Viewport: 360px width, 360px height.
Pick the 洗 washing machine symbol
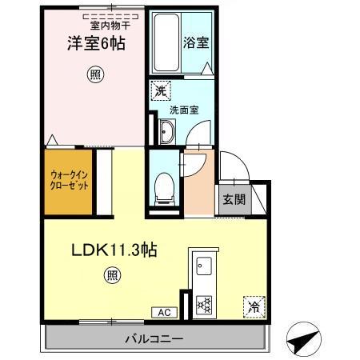pyautogui.click(x=160, y=91)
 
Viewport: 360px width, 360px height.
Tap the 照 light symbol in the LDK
pyautogui.click(x=114, y=277)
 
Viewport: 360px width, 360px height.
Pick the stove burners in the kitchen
pyautogui.click(x=202, y=304)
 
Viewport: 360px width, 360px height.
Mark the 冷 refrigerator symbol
pyautogui.click(x=252, y=305)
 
